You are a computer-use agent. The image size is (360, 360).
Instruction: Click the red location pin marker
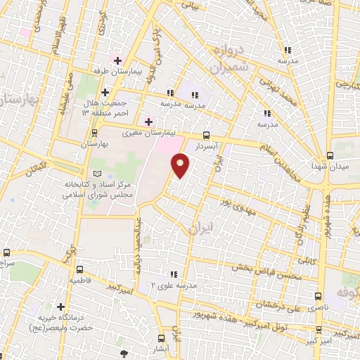(181, 166)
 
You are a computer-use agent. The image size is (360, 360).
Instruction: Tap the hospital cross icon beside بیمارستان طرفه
(118, 61)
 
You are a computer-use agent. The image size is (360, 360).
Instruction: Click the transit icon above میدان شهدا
(330, 155)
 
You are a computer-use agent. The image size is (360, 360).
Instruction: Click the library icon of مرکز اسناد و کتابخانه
(97, 174)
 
